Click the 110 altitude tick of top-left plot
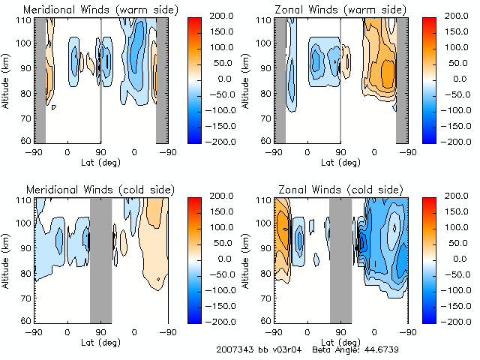[23, 19]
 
